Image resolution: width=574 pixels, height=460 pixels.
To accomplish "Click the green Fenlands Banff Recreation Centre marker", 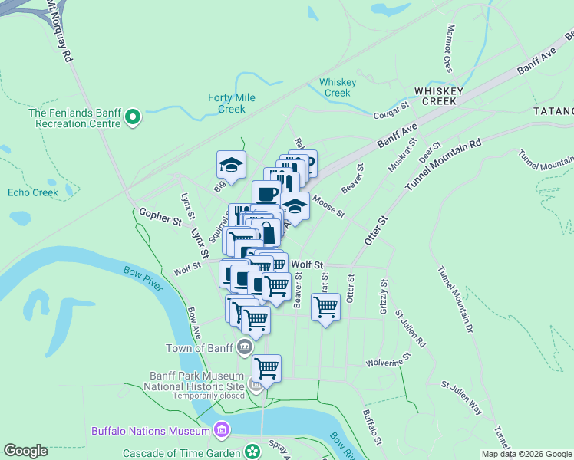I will pos(133,117).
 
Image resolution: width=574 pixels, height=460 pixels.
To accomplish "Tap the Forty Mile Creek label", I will pos(231,103).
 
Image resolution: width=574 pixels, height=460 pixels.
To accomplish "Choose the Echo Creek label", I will pos(33,192).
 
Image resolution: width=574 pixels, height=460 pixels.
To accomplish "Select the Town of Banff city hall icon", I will pos(245,347).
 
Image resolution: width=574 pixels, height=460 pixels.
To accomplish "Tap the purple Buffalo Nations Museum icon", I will pos(222,430).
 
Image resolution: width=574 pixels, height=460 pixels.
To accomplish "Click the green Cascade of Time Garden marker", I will pos(251,451).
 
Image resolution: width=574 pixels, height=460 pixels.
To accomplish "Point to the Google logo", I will pos(25,451).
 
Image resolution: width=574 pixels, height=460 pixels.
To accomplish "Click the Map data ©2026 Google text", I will pos(526,454).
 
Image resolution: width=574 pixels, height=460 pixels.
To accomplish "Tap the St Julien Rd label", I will pos(410,328).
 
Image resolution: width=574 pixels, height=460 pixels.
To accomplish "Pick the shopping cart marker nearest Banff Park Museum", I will pos(266,368).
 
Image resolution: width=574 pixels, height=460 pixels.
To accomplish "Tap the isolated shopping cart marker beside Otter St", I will pos(326,307).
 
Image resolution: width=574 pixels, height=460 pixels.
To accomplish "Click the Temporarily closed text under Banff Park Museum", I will pos(209,396).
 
